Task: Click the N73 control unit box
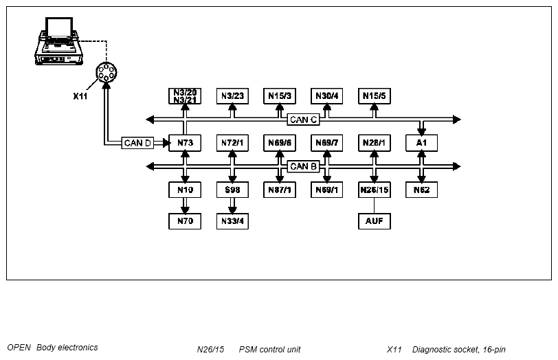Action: [x=185, y=143]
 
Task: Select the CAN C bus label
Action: [x=303, y=120]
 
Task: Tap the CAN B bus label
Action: [x=303, y=166]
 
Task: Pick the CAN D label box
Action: [x=137, y=143]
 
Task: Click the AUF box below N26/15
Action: [x=375, y=221]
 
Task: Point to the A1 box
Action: [x=422, y=143]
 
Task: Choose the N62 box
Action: [x=422, y=190]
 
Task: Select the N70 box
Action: [x=185, y=221]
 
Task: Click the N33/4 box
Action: [x=232, y=221]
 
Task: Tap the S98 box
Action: [x=232, y=190]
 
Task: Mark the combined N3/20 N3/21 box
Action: [x=185, y=96]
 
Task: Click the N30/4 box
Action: [x=326, y=96]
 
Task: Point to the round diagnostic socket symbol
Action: [x=107, y=72]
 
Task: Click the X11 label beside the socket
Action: [x=80, y=96]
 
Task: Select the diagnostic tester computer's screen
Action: [x=59, y=27]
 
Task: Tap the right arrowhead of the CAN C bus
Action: [x=457, y=120]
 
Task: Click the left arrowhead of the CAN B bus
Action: [x=150, y=166]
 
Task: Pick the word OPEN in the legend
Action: [x=19, y=348]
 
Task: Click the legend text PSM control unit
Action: [x=269, y=350]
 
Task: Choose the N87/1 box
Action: [x=280, y=190]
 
